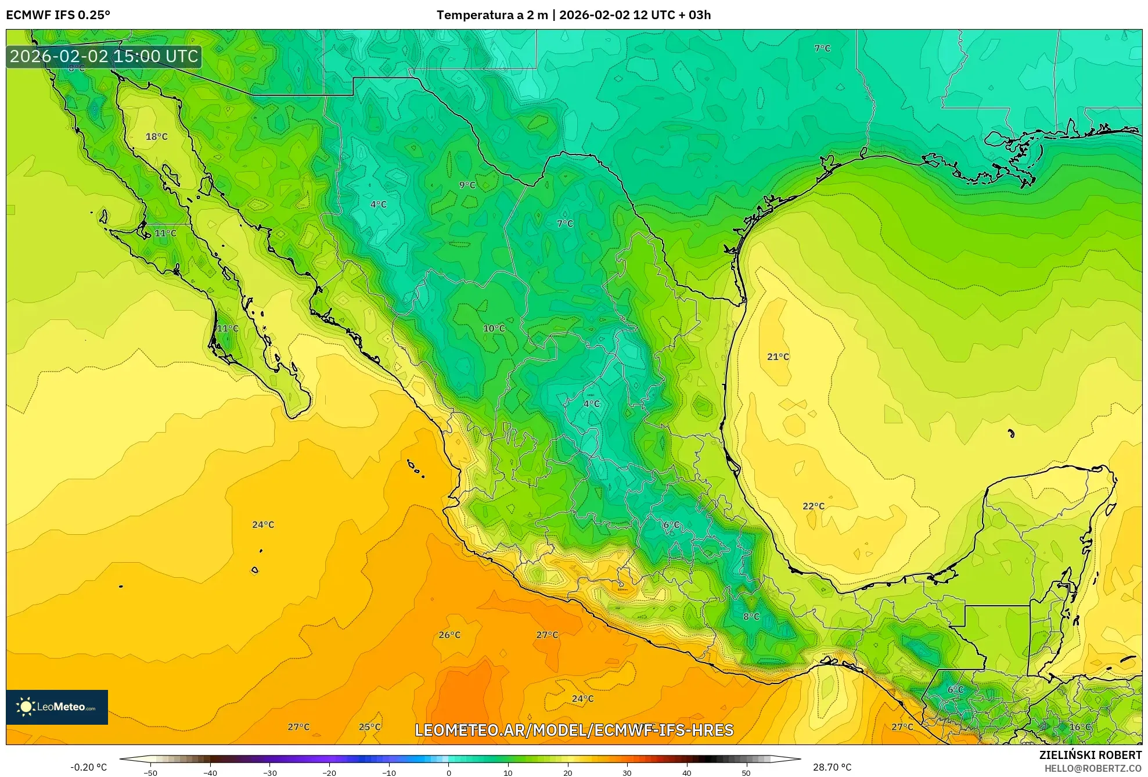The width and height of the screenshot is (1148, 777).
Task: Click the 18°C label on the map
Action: click(156, 136)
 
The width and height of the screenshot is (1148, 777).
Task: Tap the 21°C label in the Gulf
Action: click(778, 357)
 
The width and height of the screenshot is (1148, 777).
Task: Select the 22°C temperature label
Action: click(814, 506)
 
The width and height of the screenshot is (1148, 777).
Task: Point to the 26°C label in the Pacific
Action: click(449, 635)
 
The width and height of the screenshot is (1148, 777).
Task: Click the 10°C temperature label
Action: click(494, 328)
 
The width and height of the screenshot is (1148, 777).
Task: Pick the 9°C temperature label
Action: click(467, 185)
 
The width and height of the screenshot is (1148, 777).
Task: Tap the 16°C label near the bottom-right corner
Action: click(1080, 726)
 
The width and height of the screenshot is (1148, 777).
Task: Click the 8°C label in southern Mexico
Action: click(751, 616)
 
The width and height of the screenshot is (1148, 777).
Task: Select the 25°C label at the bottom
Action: click(370, 726)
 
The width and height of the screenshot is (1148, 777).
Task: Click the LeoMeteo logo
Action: click(57, 707)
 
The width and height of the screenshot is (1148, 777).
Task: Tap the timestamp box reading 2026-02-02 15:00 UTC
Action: click(104, 56)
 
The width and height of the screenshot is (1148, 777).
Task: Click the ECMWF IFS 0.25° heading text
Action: click(58, 15)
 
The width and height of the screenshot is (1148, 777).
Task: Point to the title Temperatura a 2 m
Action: click(492, 15)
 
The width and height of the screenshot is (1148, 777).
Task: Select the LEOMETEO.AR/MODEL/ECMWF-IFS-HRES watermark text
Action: click(574, 730)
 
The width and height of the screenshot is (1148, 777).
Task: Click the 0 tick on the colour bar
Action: click(449, 772)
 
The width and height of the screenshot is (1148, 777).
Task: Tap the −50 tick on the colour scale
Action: click(150, 772)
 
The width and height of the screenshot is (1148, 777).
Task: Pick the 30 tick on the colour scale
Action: click(627, 772)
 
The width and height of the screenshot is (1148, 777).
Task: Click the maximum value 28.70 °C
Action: click(832, 767)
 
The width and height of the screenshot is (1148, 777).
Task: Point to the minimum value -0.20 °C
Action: click(89, 767)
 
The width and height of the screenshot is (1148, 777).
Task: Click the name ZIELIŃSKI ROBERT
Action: click(1091, 755)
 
